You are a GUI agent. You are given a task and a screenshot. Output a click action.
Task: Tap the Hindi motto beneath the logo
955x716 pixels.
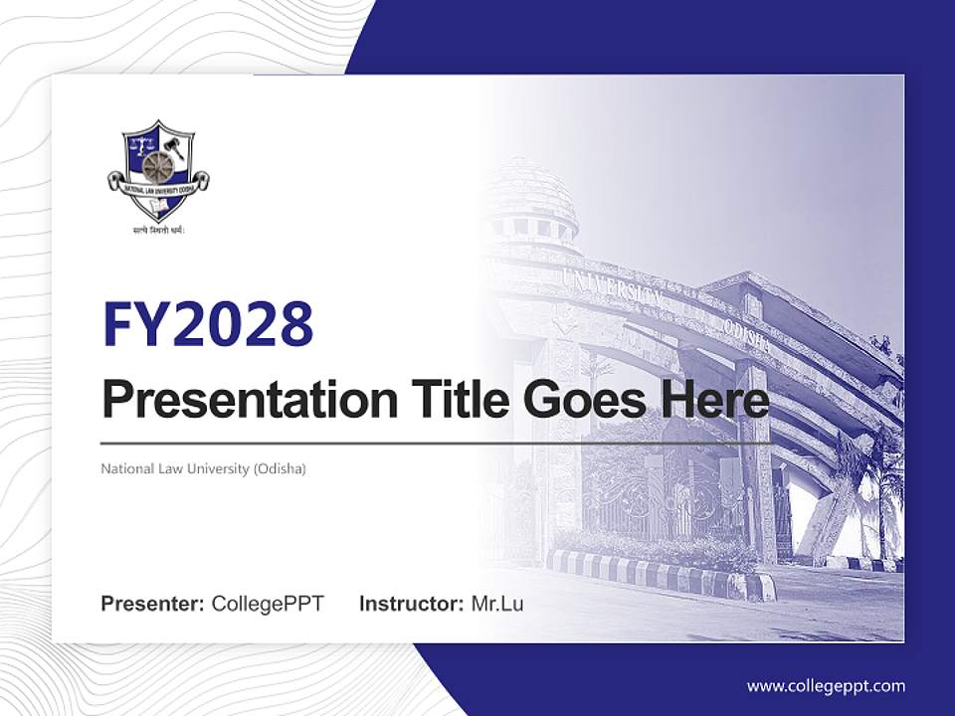(159, 230)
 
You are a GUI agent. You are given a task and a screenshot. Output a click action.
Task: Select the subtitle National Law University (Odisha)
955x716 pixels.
(203, 467)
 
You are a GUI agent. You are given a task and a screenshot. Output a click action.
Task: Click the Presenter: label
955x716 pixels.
(153, 604)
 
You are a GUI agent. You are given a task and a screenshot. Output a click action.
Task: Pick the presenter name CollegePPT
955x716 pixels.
(268, 604)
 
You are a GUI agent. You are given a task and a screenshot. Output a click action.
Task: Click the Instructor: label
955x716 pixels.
(411, 604)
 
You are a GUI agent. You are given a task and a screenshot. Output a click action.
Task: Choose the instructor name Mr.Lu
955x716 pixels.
(497, 604)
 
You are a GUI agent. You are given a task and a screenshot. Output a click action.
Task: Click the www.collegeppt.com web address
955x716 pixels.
(826, 685)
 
